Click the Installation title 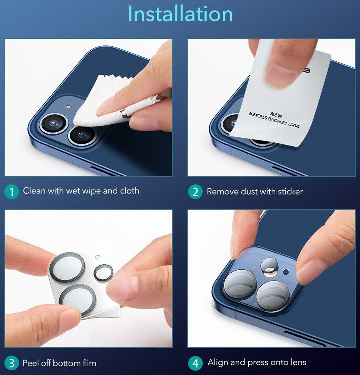180,14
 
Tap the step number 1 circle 11,192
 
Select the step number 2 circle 195,192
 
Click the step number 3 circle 11,363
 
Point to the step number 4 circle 195,363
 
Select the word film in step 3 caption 88,363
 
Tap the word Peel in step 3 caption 31,363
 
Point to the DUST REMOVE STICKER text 273,119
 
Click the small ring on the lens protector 103,273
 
